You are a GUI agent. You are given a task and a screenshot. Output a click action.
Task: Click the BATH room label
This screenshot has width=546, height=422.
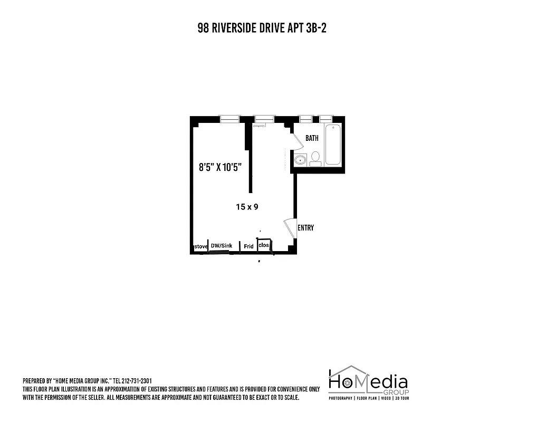point(312,138)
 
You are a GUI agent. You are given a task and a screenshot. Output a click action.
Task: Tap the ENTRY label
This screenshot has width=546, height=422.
point(305,228)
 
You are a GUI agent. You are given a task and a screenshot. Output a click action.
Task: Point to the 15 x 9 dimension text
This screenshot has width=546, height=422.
point(247,207)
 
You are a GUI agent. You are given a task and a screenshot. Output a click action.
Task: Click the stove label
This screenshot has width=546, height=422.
point(200,246)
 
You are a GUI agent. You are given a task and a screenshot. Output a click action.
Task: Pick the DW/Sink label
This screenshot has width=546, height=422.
point(222,246)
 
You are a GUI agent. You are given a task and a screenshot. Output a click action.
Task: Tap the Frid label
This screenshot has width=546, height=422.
point(248,246)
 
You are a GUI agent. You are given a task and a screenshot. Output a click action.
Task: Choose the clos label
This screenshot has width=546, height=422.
point(264,245)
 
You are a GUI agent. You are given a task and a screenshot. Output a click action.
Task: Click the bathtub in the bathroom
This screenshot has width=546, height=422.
point(333,145)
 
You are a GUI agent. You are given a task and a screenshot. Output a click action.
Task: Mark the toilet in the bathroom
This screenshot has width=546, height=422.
point(315,158)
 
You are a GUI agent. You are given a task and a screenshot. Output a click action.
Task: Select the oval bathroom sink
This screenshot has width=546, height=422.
point(300,160)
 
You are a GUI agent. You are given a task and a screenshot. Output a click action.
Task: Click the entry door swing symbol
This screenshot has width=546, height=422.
point(290,228)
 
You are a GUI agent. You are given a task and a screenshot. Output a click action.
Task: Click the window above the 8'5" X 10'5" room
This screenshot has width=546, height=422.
point(230,119)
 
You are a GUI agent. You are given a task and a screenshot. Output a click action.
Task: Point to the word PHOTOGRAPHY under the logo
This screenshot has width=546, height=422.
point(341,398)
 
